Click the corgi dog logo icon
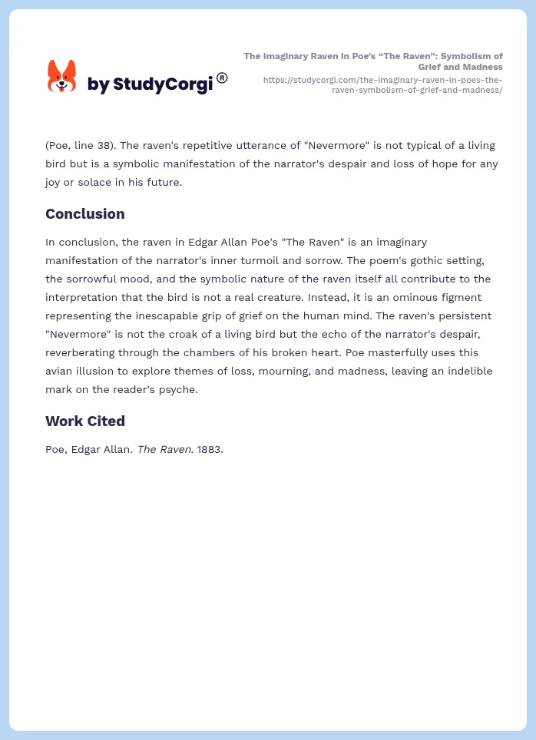62,77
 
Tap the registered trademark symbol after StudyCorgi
222,78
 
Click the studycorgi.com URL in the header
382,84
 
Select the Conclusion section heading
84,214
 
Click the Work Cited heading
84,421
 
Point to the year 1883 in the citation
210,450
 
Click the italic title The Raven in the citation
165,450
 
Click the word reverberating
85,352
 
